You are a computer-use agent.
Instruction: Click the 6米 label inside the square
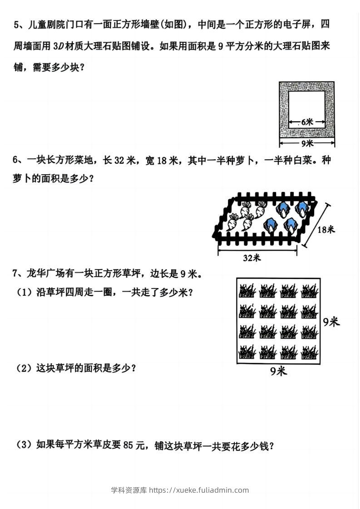(307, 122)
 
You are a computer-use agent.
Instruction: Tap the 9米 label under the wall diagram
(307, 143)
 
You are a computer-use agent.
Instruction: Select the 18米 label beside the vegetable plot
(326, 230)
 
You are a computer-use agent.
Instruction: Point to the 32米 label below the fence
(252, 258)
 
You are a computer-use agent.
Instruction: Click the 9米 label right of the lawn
(331, 322)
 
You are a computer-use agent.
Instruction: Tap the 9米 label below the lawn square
(278, 371)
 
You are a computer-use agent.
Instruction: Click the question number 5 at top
(16, 24)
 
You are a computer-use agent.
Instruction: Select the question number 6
(15, 160)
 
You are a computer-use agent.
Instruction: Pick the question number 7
(15, 274)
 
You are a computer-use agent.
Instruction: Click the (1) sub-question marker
(24, 292)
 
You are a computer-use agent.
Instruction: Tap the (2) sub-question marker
(24, 368)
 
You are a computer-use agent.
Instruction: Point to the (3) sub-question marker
(24, 444)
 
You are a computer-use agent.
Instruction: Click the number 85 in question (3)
(128, 445)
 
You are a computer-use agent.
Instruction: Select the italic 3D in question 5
(58, 46)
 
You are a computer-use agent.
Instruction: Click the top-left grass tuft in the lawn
(247, 291)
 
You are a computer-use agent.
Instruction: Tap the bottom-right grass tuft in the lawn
(310, 352)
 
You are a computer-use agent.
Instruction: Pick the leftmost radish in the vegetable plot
(232, 222)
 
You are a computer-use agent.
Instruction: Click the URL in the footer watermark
(199, 490)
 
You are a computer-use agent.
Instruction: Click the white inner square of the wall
(307, 109)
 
